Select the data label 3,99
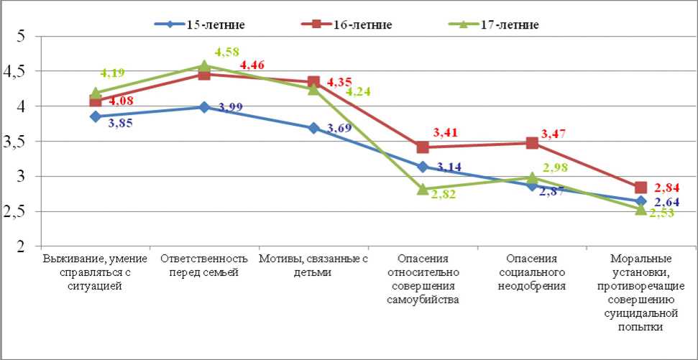coord(231,108)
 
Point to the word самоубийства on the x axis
coord(423,299)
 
